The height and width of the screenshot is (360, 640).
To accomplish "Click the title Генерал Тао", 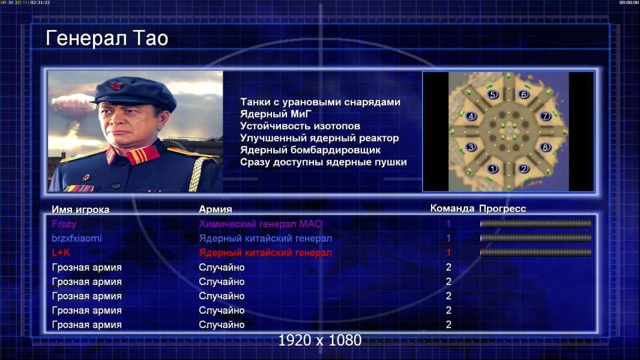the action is point(107,38).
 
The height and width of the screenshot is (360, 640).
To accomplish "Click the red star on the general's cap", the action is point(116,85).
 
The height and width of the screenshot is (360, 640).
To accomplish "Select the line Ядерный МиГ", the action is point(276,114).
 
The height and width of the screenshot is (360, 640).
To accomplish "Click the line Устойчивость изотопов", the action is point(300,126).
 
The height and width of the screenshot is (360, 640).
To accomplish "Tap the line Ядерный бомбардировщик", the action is point(310,150).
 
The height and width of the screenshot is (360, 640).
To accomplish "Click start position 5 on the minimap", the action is point(493,95).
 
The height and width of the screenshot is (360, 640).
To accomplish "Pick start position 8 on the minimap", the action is point(545,147).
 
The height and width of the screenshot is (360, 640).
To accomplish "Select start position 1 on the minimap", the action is point(493,169).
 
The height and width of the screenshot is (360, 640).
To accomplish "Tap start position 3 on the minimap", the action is point(471,147).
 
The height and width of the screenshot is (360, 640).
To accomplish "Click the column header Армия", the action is point(216,209).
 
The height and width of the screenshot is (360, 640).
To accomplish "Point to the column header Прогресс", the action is point(503,209).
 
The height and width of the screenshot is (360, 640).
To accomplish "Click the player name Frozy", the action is point(64,224).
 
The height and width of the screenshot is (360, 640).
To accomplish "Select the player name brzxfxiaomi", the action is point(77,238).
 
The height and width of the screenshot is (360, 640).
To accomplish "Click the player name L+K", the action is point(61,253).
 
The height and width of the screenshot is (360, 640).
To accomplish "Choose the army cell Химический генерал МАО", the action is point(261,224).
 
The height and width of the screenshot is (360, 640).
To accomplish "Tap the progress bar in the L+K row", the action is point(536,253).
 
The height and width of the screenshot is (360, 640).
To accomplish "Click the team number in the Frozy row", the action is point(448,223).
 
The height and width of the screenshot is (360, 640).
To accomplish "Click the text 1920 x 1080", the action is point(320,340).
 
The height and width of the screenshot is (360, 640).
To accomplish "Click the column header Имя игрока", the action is point(80,209).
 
